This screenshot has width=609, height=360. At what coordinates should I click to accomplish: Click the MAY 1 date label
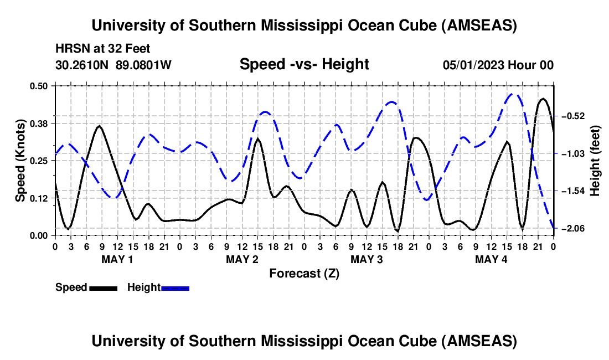(x=117, y=259)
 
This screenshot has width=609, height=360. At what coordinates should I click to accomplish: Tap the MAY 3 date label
(x=367, y=259)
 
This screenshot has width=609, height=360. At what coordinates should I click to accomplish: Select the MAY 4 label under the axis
(x=491, y=259)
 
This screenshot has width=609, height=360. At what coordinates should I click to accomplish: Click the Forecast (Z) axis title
(x=304, y=273)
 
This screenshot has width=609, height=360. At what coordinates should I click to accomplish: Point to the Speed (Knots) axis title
(x=20, y=161)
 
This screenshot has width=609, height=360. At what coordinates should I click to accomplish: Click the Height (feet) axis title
(x=596, y=161)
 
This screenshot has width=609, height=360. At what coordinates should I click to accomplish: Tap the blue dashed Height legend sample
(x=175, y=287)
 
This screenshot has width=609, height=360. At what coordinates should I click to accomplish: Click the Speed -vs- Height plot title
(x=304, y=64)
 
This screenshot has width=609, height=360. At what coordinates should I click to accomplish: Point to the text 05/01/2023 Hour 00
(x=498, y=65)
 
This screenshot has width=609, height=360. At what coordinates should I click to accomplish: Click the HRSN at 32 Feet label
(x=102, y=49)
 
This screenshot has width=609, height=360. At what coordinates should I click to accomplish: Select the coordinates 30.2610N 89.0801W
(x=113, y=65)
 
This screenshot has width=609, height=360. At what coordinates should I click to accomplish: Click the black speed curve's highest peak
(x=543, y=99)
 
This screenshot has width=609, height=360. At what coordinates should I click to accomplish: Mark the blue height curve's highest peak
(x=514, y=94)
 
